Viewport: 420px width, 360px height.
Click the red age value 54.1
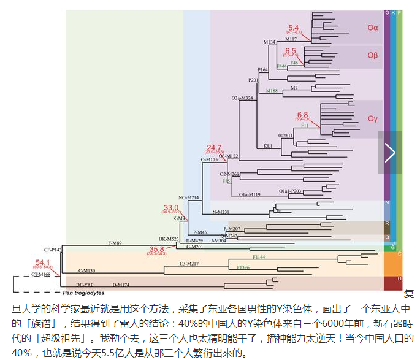point(43,262)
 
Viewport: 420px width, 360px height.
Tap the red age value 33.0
point(170,207)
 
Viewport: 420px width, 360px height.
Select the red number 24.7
point(214,147)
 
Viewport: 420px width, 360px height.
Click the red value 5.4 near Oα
point(294,28)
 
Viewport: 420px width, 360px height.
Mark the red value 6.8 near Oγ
point(302,114)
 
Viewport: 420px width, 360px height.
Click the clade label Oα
point(373,27)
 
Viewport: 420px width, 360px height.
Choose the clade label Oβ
point(373,55)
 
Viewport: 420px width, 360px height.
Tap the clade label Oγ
point(373,118)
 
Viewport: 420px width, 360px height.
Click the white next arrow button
point(390,152)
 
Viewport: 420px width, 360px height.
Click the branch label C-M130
point(86,270)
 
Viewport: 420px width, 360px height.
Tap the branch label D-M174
point(121,285)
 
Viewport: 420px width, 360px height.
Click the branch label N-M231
point(221,212)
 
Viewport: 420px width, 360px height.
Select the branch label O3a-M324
point(242,98)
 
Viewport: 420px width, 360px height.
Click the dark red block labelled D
point(393,282)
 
